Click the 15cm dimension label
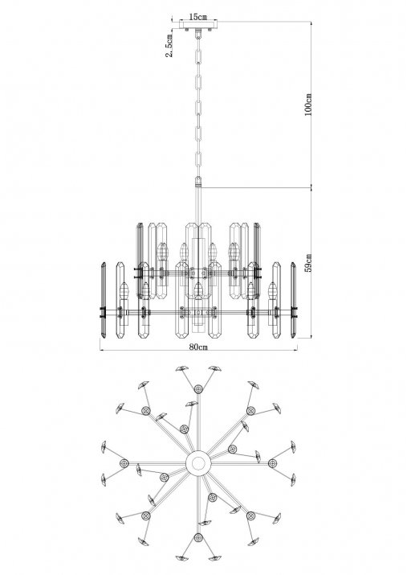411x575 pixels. (197, 17)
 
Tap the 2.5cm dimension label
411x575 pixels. (169, 46)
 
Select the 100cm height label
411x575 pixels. (308, 105)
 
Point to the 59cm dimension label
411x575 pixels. (308, 262)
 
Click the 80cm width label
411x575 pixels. (198, 347)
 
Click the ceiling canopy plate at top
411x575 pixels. (198, 25)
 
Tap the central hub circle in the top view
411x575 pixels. (198, 463)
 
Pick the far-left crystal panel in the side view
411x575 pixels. (104, 300)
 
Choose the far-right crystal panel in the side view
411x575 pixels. (293, 300)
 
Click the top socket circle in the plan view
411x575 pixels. (198, 388)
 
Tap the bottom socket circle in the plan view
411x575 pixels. (198, 538)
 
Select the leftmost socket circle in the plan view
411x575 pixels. (124, 463)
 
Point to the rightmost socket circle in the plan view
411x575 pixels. (272, 463)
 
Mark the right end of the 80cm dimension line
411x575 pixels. (297, 350)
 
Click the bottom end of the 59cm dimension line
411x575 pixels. (311, 338)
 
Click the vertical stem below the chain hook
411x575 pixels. (198, 205)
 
